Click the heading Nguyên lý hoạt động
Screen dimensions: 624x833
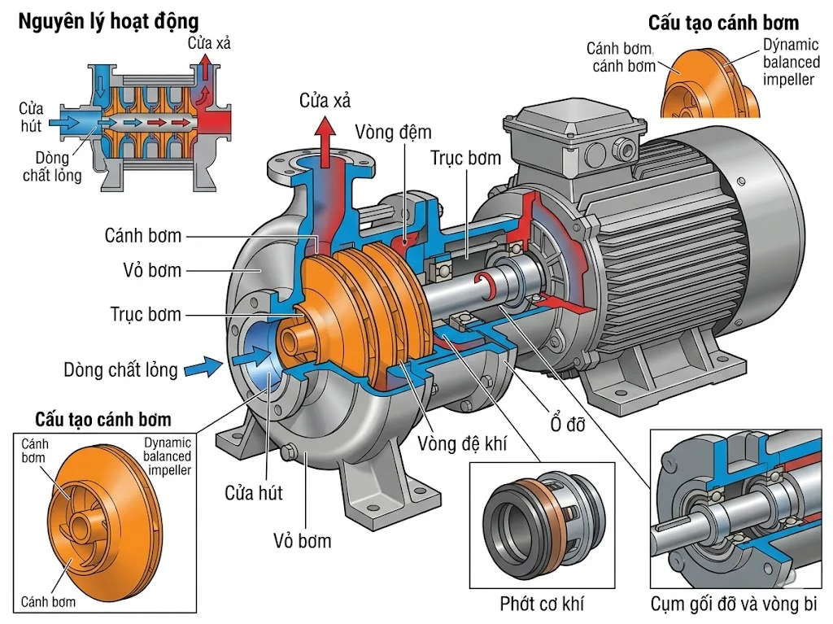tap(107, 19)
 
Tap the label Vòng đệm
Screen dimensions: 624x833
tap(393, 131)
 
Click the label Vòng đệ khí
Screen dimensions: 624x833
tap(461, 443)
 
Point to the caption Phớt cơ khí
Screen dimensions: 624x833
tap(542, 604)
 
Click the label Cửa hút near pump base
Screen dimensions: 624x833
tap(254, 493)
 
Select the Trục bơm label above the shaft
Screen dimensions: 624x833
tap(465, 158)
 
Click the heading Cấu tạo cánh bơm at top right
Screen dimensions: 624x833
tap(723, 22)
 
